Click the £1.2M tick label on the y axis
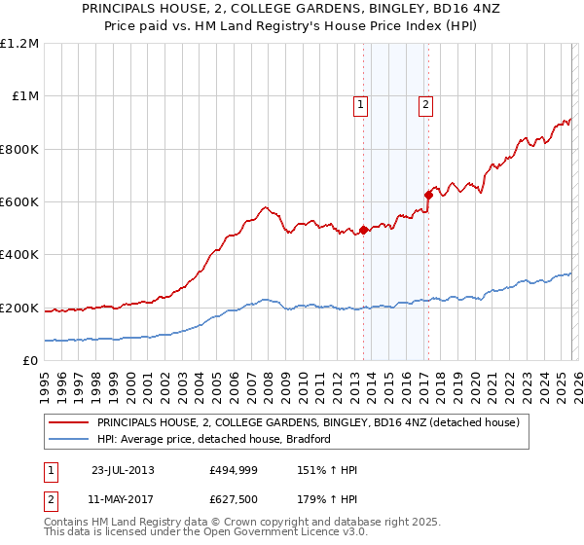coord(19,44)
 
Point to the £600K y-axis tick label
coord(19,202)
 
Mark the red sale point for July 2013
coord(363,231)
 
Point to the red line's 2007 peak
coord(265,207)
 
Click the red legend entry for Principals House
coord(308,423)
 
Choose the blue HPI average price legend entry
coord(214,439)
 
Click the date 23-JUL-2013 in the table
coord(123,469)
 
